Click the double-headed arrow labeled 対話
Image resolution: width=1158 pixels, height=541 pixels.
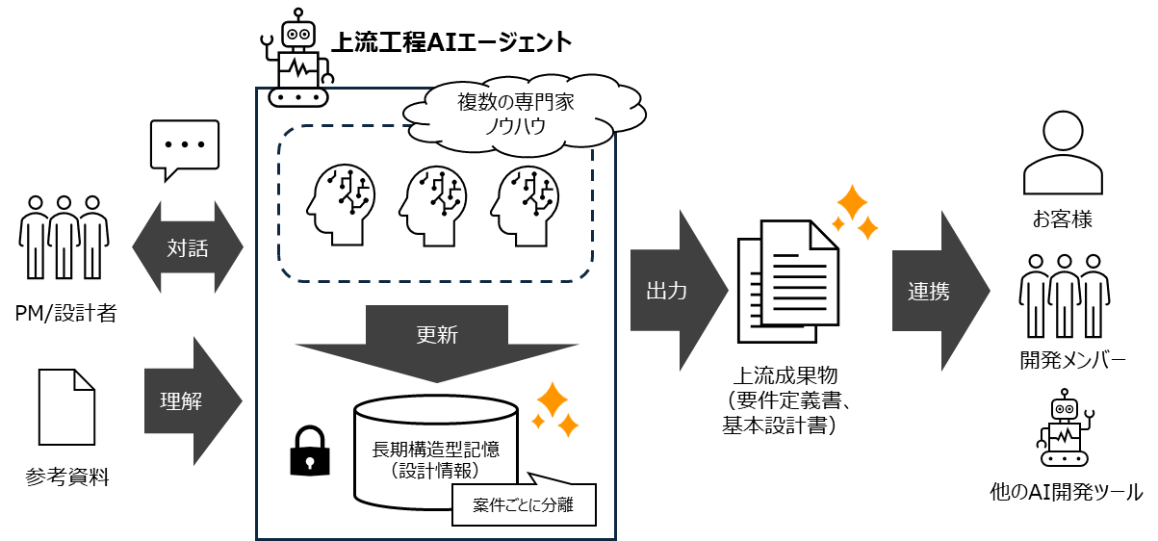click(188, 247)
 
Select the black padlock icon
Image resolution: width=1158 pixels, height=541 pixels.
click(310, 451)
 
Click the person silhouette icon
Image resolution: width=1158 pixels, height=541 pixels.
click(1063, 154)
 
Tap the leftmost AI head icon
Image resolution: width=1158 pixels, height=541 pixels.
click(340, 204)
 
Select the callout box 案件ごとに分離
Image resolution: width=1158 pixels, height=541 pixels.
click(524, 504)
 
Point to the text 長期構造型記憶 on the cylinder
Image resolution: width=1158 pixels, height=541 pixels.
click(436, 450)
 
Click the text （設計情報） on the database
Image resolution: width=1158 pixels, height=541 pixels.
click(436, 472)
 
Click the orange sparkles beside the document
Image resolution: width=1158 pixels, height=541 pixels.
click(855, 213)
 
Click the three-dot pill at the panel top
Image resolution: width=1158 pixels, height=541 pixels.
click(298, 97)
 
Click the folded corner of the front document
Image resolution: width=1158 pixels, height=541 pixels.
click(825, 234)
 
